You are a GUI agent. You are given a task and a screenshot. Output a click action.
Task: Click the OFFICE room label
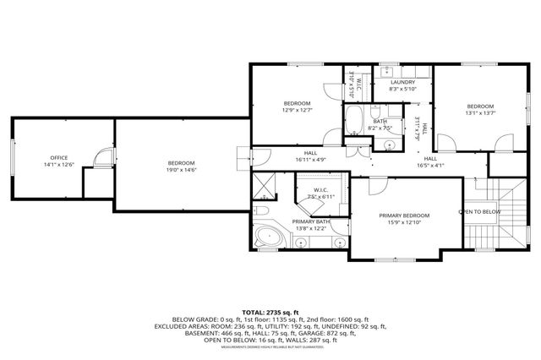(x=58, y=158)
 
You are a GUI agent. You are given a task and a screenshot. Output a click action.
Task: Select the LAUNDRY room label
(x=402, y=82)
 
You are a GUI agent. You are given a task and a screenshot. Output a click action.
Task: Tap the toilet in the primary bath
(x=262, y=210)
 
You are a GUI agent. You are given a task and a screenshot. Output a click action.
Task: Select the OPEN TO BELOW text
(x=479, y=211)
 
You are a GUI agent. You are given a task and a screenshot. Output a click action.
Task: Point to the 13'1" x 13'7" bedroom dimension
(x=479, y=112)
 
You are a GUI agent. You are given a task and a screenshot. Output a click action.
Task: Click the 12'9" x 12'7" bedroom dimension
(x=297, y=109)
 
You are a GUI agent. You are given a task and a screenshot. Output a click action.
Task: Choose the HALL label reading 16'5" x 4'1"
(x=430, y=166)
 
